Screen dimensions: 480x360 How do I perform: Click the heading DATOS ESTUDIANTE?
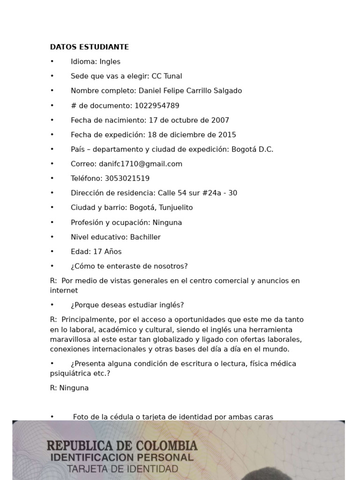(x=89, y=47)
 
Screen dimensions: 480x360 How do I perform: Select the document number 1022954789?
(x=157, y=105)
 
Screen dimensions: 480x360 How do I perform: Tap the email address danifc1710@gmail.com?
(x=141, y=164)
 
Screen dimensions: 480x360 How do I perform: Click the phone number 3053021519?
(x=127, y=178)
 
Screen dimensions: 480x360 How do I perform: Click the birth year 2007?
(x=220, y=120)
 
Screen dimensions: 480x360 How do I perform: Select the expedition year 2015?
(x=227, y=135)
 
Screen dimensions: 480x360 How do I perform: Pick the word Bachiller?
(x=145, y=237)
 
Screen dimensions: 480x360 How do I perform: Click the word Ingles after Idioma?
(x=110, y=61)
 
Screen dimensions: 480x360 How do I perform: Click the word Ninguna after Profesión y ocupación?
(x=167, y=222)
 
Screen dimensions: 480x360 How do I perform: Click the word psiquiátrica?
(x=69, y=373)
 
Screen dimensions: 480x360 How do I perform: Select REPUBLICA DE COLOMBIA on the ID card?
(x=122, y=445)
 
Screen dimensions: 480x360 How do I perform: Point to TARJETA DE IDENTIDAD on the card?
(x=122, y=468)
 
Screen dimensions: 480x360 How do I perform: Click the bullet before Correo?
(x=52, y=164)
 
